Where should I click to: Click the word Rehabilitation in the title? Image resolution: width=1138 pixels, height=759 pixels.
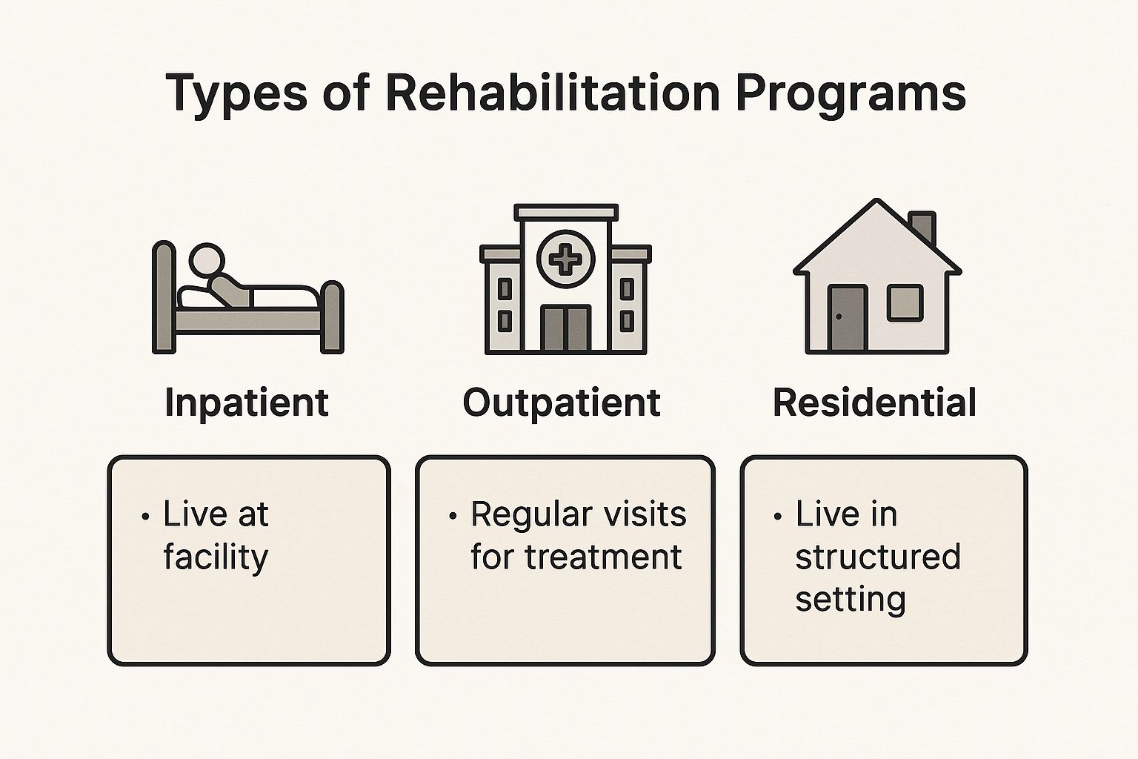tap(552, 93)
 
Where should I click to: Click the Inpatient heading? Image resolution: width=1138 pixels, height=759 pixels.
tap(247, 403)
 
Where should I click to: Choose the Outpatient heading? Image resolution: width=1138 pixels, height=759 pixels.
tap(562, 403)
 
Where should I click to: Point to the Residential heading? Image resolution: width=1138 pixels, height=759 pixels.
tap(874, 403)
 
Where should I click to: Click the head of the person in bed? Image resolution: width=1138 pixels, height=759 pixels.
tap(207, 260)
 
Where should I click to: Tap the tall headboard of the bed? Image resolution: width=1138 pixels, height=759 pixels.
tap(163, 296)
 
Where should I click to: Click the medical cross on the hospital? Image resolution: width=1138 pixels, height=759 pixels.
tap(566, 259)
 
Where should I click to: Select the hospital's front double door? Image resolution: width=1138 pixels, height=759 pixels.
tap(566, 328)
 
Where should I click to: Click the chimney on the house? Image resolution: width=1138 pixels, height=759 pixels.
tap(922, 227)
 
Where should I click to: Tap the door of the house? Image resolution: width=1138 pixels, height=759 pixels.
tap(848, 318)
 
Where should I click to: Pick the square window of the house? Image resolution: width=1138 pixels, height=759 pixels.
tap(905, 303)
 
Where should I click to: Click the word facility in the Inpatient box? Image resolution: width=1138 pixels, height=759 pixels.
tap(216, 557)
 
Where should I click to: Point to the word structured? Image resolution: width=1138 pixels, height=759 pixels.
tap(877, 557)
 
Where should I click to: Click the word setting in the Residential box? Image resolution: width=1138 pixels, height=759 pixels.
tap(851, 599)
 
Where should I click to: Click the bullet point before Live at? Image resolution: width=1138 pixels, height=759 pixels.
tap(145, 516)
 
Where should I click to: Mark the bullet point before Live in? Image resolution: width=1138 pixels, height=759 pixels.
tap(777, 516)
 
